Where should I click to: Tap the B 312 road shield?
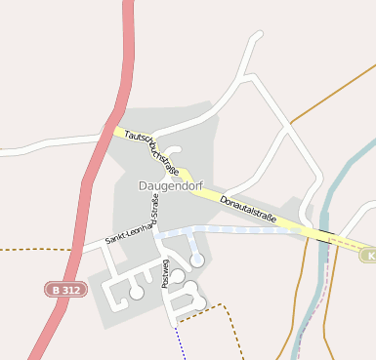point(63,290)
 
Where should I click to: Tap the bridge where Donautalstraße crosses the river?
point(323,234)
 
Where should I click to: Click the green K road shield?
point(369,256)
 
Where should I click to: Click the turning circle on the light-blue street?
point(197,260)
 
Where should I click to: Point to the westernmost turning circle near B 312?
point(137,292)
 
